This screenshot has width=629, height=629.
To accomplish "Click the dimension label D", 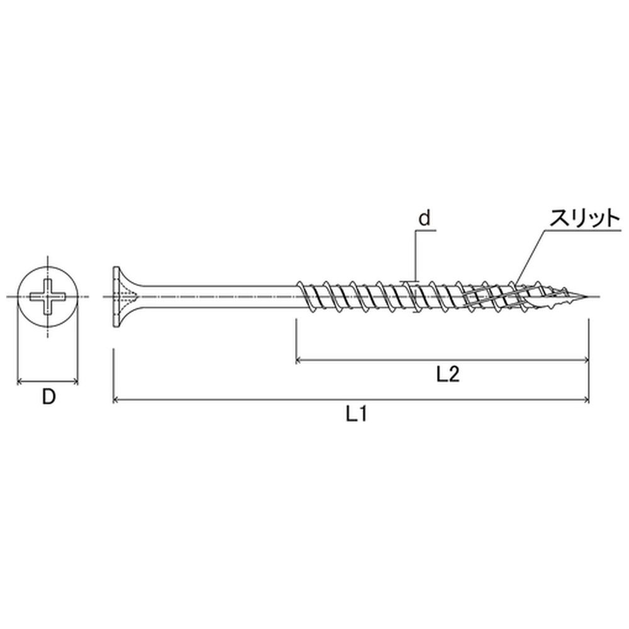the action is [48, 397].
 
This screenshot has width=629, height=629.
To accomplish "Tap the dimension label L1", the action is [356, 415].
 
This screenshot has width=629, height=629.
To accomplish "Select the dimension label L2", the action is [447, 375].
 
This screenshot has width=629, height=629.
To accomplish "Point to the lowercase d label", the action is [424, 219].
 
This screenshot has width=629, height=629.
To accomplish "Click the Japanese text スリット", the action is [584, 219].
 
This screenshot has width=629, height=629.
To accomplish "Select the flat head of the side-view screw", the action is [116, 298].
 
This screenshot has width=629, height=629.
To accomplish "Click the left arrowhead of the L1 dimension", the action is [116, 399].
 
